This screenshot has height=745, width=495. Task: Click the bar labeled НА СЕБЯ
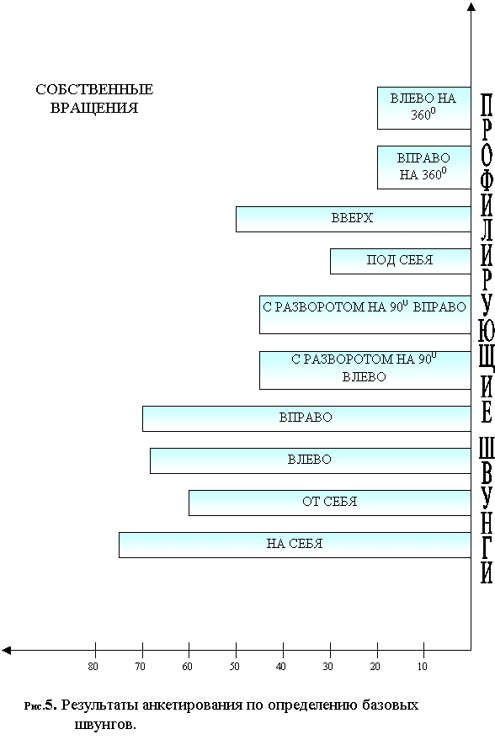[x=295, y=545]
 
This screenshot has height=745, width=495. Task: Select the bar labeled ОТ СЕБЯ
[x=330, y=503]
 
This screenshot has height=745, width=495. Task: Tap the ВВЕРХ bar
[x=354, y=219]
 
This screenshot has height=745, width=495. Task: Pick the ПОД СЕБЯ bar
[x=401, y=261]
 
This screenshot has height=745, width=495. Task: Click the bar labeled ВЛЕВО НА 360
[x=424, y=108]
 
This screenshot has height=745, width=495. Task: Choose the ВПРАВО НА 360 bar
[x=424, y=168]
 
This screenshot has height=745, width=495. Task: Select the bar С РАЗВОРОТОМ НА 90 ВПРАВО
[x=365, y=315]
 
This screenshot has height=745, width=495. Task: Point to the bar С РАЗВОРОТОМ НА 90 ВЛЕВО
[x=365, y=370]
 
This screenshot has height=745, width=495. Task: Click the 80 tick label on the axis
[x=93, y=667]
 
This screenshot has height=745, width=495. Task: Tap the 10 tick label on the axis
[x=423, y=667]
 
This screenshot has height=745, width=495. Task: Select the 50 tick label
[x=235, y=667]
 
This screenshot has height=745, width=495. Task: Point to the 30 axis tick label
[x=327, y=667]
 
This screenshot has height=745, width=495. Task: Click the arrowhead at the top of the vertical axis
[x=471, y=6]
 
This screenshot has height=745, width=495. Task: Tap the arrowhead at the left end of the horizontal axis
[x=6, y=650]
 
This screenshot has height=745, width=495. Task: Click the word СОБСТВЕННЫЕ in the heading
[x=94, y=89]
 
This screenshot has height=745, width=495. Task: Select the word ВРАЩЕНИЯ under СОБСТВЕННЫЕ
[x=94, y=108]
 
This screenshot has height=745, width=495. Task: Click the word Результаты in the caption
[x=99, y=705]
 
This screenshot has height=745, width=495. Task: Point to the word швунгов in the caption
[x=104, y=725]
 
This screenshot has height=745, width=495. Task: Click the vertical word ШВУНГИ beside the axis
[x=487, y=510]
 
